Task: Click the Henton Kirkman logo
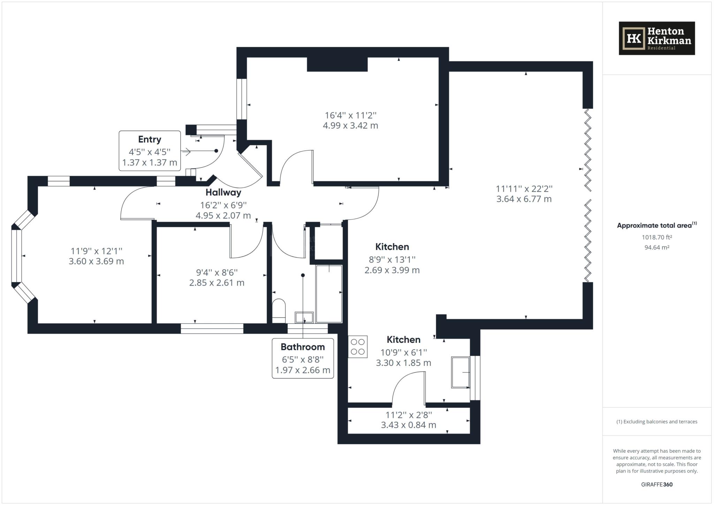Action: click(657, 38)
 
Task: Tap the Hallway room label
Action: click(223, 192)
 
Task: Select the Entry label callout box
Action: click(150, 151)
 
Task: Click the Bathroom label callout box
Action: click(303, 358)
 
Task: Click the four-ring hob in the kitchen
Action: click(358, 347)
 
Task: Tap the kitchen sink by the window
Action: click(461, 372)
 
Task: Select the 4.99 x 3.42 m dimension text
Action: click(350, 125)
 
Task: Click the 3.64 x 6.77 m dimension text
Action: click(524, 199)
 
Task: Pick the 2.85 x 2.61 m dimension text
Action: click(217, 283)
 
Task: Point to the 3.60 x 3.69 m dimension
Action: click(96, 261)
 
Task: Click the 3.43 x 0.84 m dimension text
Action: click(409, 425)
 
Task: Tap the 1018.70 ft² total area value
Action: click(657, 237)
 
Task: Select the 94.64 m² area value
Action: click(657, 247)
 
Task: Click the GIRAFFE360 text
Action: click(657, 484)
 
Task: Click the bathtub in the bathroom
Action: click(329, 294)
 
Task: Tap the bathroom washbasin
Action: click(304, 317)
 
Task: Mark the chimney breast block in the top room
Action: click(337, 64)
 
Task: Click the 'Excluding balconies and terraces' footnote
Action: click(657, 422)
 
